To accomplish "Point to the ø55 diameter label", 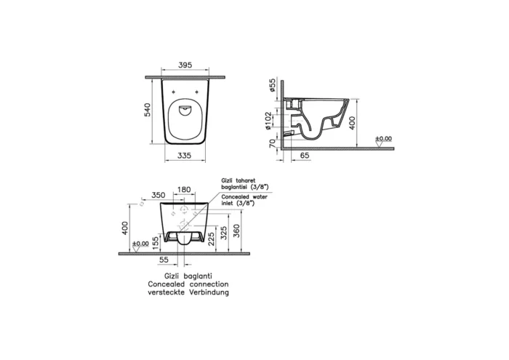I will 273,87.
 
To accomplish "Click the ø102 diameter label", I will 273,121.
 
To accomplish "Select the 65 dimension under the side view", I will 305,156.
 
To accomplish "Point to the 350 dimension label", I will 159,195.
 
